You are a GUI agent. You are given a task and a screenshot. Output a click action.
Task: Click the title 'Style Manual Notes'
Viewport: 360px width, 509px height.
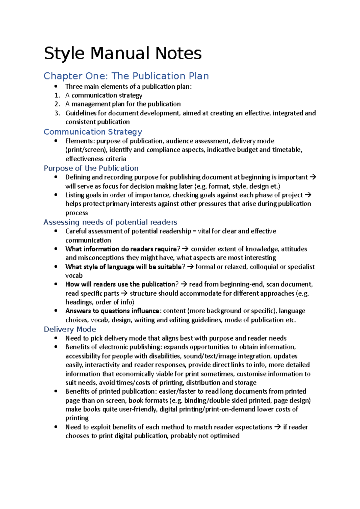[123, 54]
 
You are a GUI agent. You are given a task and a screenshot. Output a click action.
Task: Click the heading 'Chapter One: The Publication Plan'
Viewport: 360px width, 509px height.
[126, 76]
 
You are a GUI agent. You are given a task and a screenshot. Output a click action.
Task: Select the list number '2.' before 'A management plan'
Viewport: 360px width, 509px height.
[57, 104]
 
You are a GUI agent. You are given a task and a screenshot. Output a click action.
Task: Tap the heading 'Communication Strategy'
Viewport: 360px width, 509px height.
[93, 132]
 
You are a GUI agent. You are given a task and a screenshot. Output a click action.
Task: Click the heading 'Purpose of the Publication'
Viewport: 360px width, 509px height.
[91, 168]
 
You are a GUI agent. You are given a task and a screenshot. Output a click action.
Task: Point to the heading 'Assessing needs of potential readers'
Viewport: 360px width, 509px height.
[110, 222]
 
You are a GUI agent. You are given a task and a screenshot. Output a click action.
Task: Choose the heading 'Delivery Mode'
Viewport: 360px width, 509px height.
[70, 329]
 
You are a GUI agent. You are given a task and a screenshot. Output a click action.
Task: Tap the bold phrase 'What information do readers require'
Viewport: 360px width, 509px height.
[121, 249]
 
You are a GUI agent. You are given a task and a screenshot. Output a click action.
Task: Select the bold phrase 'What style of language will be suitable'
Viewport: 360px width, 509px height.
[124, 267]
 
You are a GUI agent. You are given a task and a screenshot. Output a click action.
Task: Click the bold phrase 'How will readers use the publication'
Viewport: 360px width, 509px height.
[120, 284]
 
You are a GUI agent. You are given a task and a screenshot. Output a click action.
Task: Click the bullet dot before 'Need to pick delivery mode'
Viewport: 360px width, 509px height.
[56, 338]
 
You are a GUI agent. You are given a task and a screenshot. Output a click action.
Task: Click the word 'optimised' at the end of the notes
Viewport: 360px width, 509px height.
[225, 436]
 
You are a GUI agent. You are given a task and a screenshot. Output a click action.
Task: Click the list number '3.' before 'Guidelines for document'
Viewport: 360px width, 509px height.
[57, 113]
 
